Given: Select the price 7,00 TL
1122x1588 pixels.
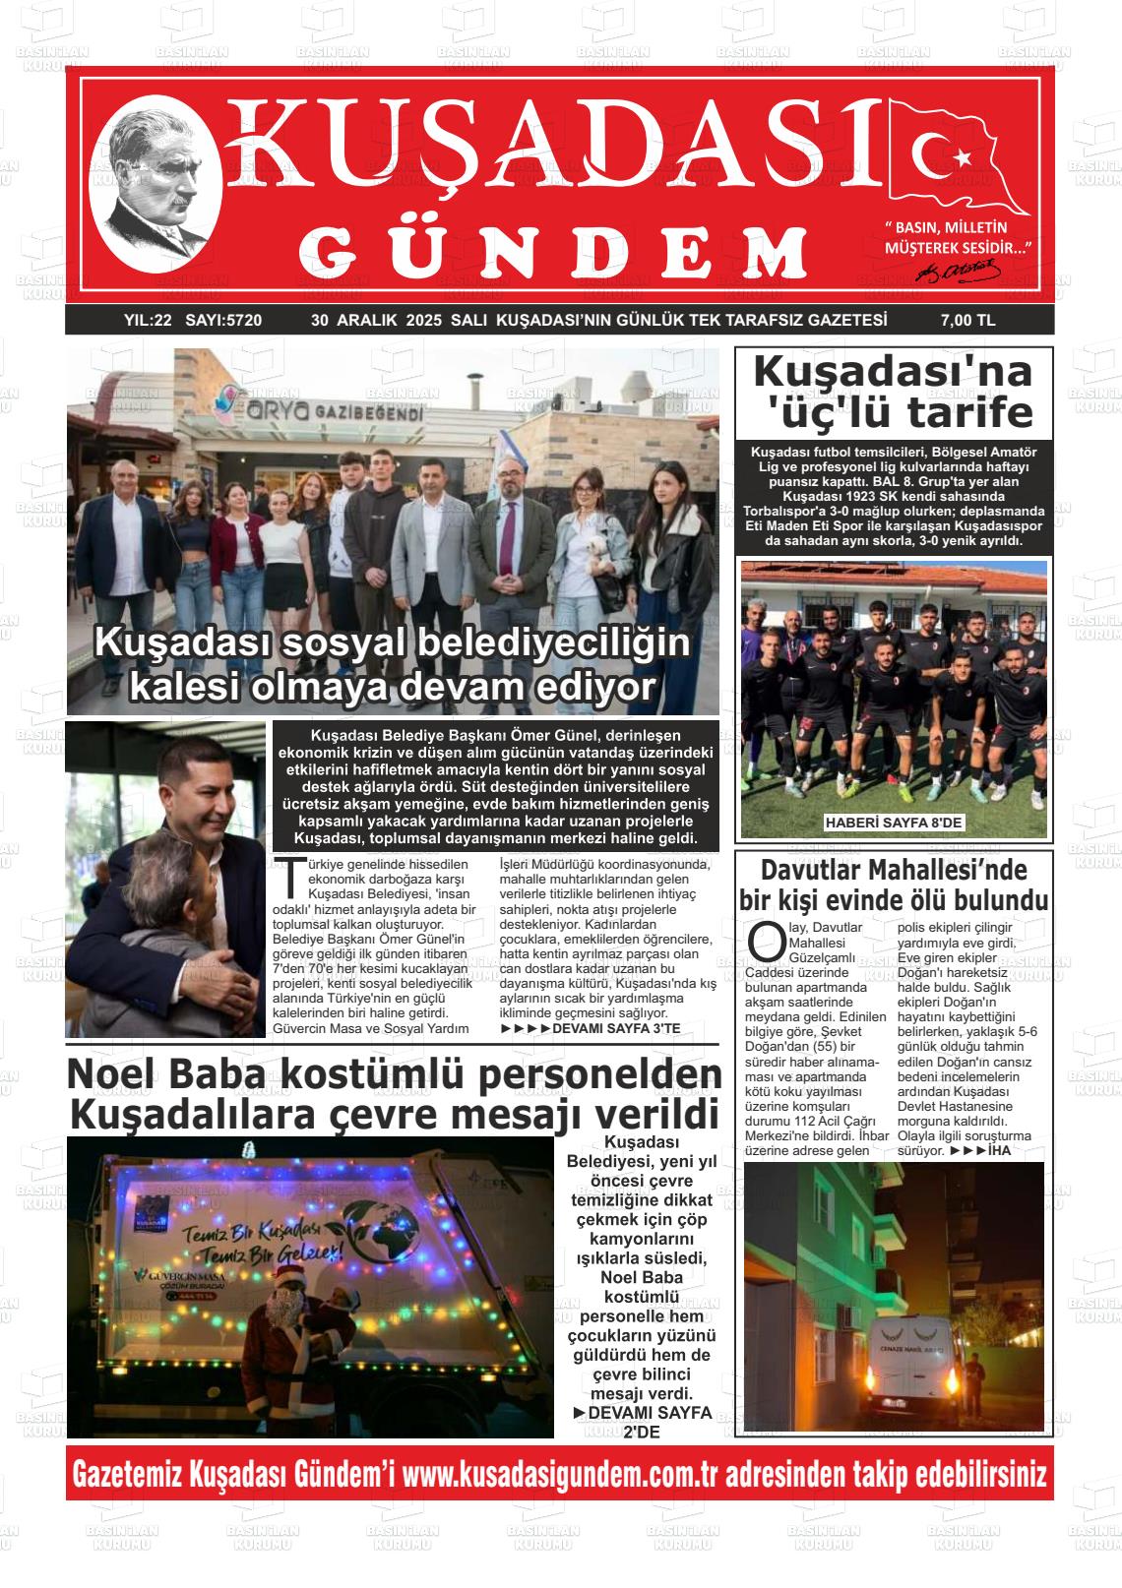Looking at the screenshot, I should click(x=968, y=321).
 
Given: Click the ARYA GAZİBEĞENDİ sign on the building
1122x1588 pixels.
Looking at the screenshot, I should click(x=326, y=411).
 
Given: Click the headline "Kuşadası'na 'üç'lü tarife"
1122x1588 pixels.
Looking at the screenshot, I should click(x=894, y=393).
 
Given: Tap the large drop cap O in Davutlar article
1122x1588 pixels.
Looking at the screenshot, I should click(x=766, y=941).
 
